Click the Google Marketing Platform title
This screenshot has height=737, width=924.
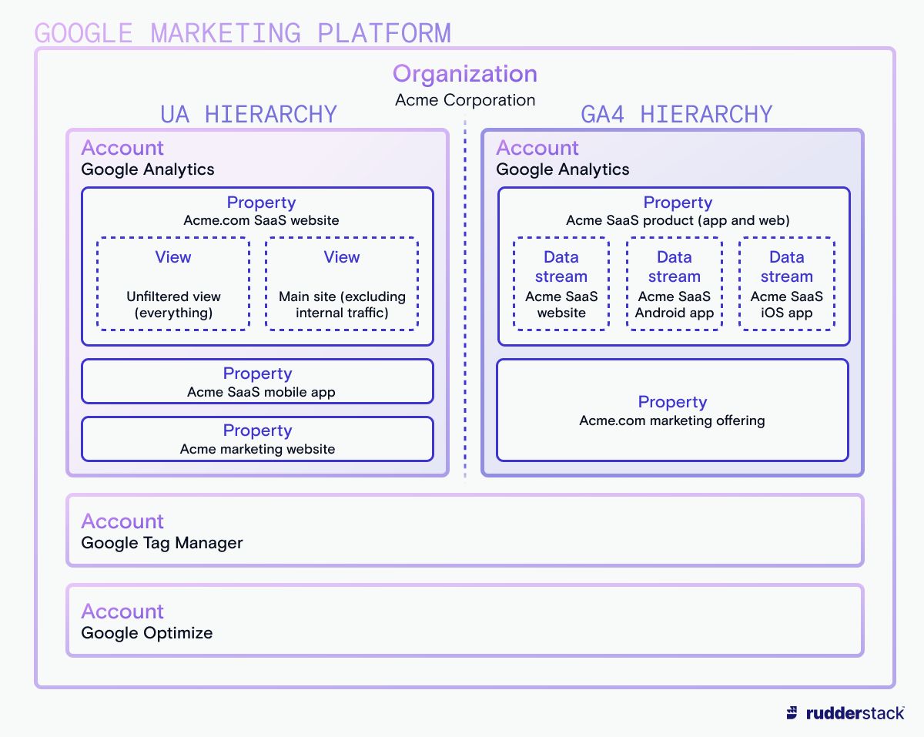[x=243, y=33]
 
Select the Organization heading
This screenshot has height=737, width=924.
[x=464, y=74]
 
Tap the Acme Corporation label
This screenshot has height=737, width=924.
[x=464, y=100]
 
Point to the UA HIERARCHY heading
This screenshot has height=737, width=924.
[x=248, y=114]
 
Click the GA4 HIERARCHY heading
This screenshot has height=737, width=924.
[x=675, y=114]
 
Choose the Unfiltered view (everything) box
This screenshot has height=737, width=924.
[x=173, y=284]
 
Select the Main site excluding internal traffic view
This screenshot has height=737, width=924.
[x=342, y=284]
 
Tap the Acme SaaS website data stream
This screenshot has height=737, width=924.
[x=561, y=284]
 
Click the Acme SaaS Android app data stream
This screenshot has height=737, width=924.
[x=674, y=284]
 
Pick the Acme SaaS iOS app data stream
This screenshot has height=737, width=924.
[x=786, y=284]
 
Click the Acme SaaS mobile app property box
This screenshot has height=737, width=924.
[x=257, y=381]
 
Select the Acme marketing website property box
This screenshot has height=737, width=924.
[x=257, y=439]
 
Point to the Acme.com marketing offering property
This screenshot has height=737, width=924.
[x=672, y=410]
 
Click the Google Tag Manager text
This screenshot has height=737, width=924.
[x=162, y=543]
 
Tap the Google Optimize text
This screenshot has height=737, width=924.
[x=146, y=633]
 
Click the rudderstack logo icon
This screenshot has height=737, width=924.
[x=792, y=712]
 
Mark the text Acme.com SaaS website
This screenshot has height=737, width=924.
[x=261, y=220]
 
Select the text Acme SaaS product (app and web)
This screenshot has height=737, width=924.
[x=678, y=220]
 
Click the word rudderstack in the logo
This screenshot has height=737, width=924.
[x=855, y=712]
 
